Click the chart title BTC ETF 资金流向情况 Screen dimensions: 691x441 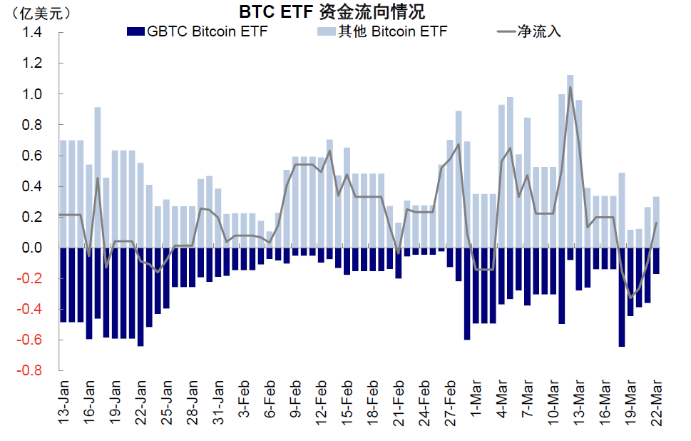tap(332, 12)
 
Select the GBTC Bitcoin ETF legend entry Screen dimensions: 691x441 tap(198, 31)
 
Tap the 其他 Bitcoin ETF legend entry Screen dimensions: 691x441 tap(382, 31)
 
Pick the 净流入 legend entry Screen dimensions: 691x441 tap(529, 31)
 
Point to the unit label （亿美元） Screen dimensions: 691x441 tap(40, 14)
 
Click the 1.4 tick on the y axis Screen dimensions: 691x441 tap(31, 32)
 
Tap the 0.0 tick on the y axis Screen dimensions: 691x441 tap(31, 248)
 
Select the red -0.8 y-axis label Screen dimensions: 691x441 tap(29, 370)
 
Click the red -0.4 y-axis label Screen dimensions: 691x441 tap(29, 309)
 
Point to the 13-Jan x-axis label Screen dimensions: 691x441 tap(64, 402)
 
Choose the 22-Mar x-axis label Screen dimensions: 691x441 tap(657, 402)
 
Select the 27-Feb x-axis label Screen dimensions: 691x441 tap(451, 402)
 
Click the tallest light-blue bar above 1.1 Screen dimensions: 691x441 tap(570, 161)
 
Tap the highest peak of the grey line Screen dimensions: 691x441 tap(570, 87)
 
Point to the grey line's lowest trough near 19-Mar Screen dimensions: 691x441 tap(630, 298)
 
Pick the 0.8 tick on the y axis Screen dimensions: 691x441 tap(31, 125)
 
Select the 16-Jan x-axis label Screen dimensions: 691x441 tap(90, 402)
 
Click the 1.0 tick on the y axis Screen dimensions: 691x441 tap(31, 94)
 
